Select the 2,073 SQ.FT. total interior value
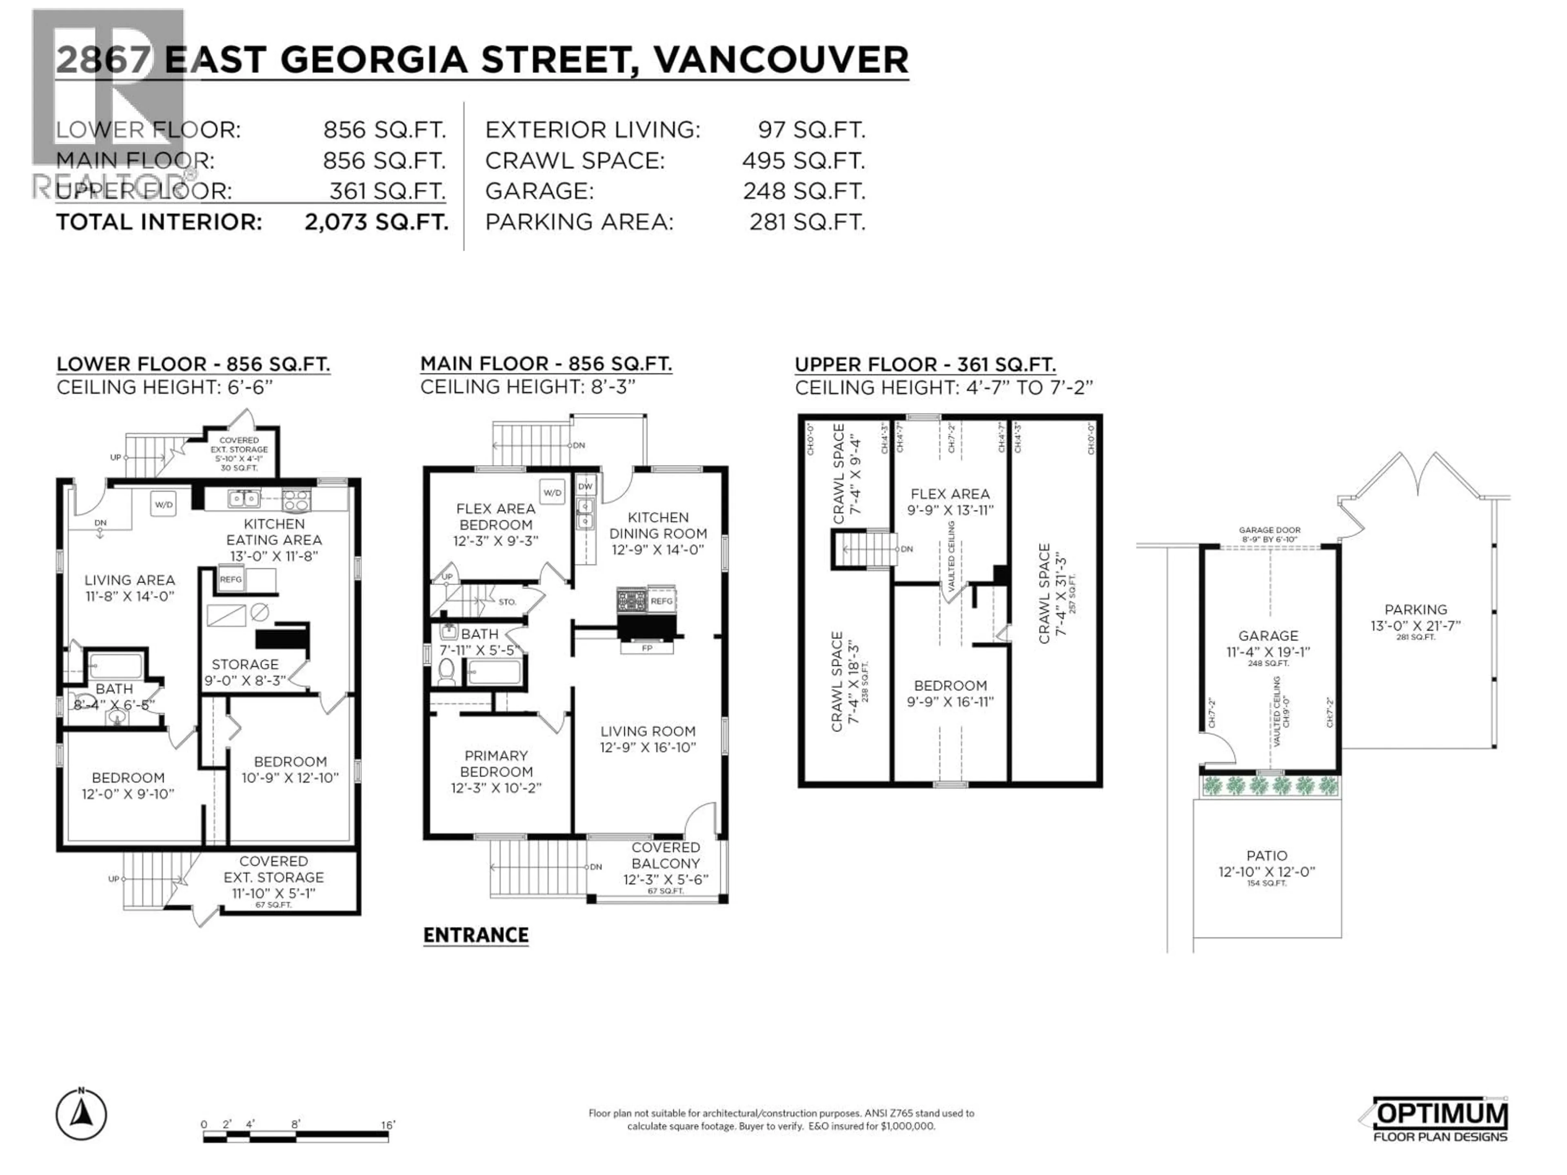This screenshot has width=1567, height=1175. coord(376,222)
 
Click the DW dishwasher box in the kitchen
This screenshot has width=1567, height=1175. coord(585,487)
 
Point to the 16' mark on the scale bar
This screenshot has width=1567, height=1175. coord(388,1125)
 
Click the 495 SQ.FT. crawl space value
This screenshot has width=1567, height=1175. coord(803,161)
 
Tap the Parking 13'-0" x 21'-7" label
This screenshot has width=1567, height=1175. coord(1415,618)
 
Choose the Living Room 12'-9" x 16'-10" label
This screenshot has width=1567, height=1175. coord(648,739)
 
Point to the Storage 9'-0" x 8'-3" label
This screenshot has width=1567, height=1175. coord(245,672)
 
